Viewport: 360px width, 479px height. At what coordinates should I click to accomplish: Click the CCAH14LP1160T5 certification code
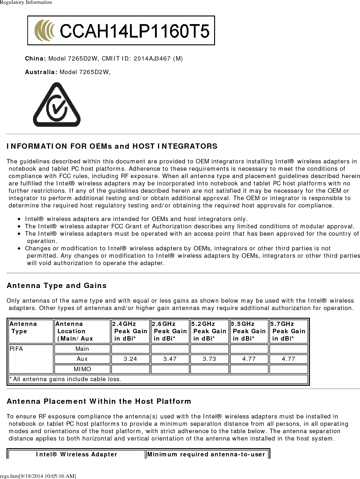[135, 31]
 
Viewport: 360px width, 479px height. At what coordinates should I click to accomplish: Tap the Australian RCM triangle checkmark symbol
[57, 105]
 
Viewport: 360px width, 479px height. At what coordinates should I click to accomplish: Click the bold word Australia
[41, 72]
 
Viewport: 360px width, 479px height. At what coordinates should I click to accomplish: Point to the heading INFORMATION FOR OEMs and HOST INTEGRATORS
[112, 146]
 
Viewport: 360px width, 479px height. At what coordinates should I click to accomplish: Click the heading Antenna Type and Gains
[57, 285]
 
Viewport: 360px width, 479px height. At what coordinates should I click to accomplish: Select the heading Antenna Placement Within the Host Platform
[99, 401]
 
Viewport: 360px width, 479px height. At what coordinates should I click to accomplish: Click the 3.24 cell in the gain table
[130, 359]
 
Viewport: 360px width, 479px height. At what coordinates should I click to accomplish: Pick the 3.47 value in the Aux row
[170, 359]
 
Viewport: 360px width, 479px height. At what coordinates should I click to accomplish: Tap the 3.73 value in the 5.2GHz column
[209, 359]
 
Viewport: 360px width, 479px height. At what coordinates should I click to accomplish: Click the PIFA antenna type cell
[16, 349]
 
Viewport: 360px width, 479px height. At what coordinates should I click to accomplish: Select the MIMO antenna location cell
[82, 369]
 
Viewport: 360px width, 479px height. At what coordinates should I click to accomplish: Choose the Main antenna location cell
[82, 349]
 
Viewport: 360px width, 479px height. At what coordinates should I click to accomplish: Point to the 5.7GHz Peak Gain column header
[289, 331]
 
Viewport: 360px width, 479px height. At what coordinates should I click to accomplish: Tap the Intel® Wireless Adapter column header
[77, 454]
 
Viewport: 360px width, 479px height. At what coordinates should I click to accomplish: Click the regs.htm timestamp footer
[38, 476]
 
